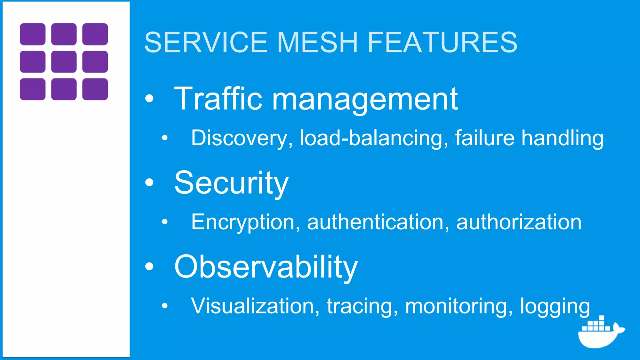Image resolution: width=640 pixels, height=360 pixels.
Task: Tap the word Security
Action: pyautogui.click(x=231, y=183)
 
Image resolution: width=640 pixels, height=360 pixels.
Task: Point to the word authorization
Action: pyautogui.click(x=519, y=222)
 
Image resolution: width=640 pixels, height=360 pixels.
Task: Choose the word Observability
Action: pyautogui.click(x=266, y=267)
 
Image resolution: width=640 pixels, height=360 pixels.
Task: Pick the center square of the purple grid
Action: pyautogui.click(x=64, y=62)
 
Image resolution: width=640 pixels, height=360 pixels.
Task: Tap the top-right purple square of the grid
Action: pyautogui.click(x=95, y=34)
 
